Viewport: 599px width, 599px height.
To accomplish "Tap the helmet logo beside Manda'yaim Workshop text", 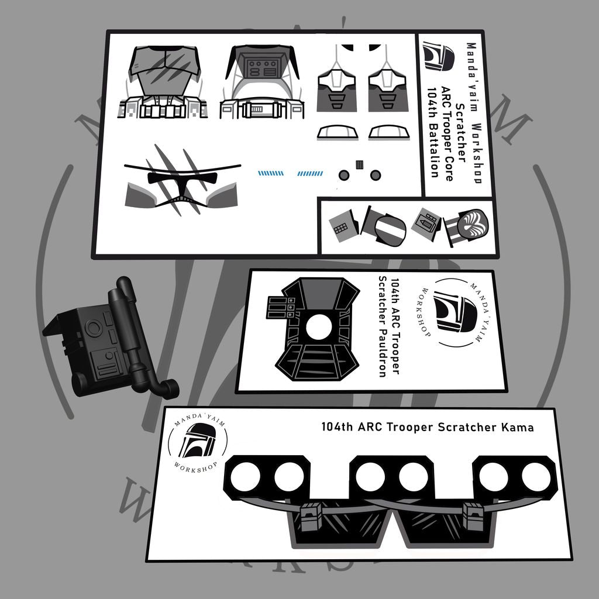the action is click(438, 56).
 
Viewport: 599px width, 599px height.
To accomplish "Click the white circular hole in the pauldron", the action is click(319, 327).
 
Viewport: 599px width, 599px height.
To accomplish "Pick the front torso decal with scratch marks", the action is click(164, 82).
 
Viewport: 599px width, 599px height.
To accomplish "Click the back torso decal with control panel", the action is click(261, 82).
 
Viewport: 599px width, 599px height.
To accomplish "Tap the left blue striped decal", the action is click(271, 173).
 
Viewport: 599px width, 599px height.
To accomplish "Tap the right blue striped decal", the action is click(310, 174).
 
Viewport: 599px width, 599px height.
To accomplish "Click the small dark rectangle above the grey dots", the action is click(360, 164).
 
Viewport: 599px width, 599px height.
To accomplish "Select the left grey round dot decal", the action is click(344, 175).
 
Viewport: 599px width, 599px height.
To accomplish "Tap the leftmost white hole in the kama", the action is click(246, 477).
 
